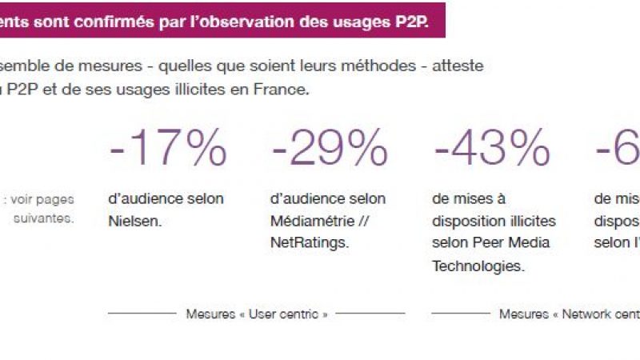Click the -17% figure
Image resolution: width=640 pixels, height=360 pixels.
(167, 148)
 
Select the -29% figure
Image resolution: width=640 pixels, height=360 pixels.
(330, 148)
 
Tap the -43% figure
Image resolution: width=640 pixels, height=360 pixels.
(492, 148)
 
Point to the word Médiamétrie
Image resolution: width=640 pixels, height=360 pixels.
(308, 220)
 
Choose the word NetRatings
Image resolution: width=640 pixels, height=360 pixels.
(310, 242)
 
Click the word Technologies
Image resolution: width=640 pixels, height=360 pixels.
(478, 266)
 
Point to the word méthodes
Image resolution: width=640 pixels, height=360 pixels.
(365, 66)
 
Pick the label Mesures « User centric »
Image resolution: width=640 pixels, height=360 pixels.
(257, 314)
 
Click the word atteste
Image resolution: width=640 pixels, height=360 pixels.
(458, 66)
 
